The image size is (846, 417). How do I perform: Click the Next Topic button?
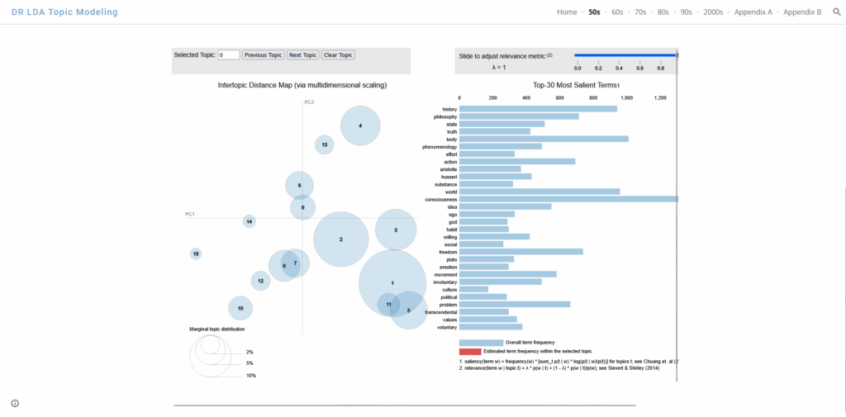[303, 55]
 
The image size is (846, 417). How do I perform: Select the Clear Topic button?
[338, 55]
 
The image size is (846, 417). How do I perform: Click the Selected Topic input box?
[229, 55]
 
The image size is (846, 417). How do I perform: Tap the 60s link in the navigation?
[617, 12]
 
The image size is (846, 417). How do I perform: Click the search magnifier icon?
[836, 12]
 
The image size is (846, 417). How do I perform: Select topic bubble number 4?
[360, 126]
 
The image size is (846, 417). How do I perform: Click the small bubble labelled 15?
[196, 254]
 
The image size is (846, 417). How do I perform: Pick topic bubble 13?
[325, 145]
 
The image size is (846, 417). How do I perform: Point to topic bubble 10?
[240, 308]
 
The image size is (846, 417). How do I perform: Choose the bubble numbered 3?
[396, 230]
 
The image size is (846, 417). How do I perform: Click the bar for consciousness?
[568, 199]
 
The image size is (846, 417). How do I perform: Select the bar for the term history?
[538, 109]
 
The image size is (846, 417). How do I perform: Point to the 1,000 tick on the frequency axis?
[625, 97]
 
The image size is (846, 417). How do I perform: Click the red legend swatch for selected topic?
[470, 352]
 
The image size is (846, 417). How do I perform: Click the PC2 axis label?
[309, 102]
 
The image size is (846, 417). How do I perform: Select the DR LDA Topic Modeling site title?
[59, 12]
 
